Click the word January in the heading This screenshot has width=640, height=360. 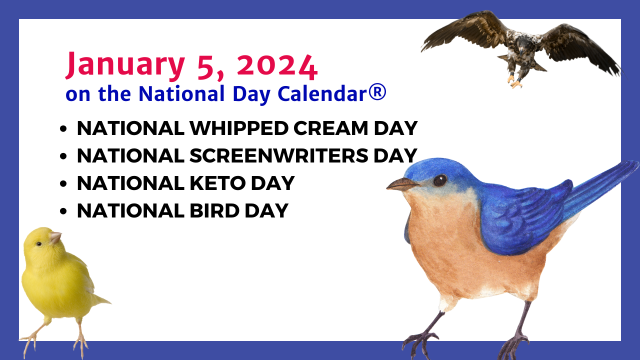coord(125,65)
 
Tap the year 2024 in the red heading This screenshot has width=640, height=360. coord(277,67)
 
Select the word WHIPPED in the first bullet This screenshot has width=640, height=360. coord(239,128)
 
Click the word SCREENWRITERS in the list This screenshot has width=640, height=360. coord(278,155)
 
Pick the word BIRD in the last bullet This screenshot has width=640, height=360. coord(214,211)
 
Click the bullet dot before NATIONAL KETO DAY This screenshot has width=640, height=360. coord(63,183)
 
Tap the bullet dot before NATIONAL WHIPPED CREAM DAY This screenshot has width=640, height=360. coord(63,129)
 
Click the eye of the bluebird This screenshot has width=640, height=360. coord(440,180)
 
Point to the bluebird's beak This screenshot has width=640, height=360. coord(402,184)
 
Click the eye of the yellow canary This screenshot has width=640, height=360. coord(39,243)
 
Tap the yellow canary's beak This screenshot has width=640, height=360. coord(55,237)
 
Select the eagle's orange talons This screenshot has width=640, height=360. coord(514,81)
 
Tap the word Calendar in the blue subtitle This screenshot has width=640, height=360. coord(322,93)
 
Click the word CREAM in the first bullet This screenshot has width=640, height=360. coord(330,128)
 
